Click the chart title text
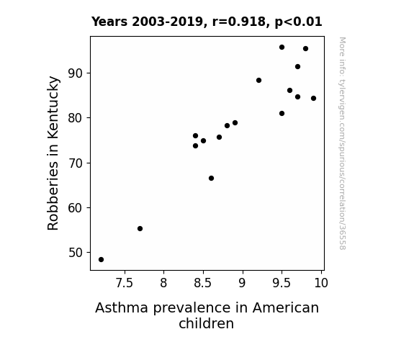tap(207, 22)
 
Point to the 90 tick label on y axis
tap(76, 73)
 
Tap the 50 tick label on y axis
tap(76, 253)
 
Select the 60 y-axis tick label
tap(76, 208)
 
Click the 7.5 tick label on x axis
tap(125, 283)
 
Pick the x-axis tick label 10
tap(321, 283)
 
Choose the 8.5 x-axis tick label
tap(203, 283)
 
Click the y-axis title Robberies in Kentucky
tap(53, 153)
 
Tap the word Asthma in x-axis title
tap(122, 307)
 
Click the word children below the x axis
tap(206, 323)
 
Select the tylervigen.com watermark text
tap(343, 143)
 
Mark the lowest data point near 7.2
tap(101, 260)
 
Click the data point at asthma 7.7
tap(140, 228)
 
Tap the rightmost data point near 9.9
tap(313, 98)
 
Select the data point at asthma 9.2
tap(258, 81)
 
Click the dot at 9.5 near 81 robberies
tap(282, 113)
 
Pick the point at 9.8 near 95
tap(305, 48)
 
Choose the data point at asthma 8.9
tap(235, 123)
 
